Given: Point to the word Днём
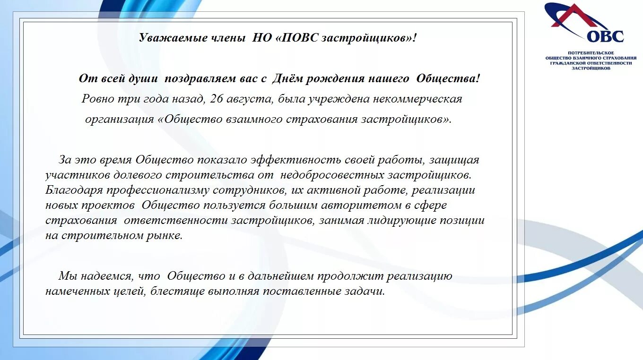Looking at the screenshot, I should point(287,79).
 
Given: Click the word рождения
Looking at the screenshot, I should point(333,79).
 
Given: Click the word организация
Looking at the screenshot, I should point(119,119).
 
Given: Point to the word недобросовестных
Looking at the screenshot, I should point(332,175).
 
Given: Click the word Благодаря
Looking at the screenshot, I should point(74,190).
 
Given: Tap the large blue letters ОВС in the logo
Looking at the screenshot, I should point(606,36).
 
